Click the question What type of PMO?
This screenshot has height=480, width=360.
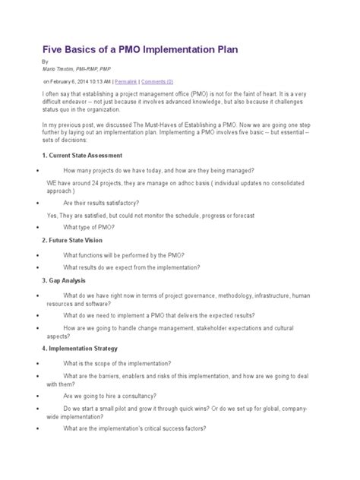[x=89, y=226]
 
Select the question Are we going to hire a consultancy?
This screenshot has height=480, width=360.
[x=110, y=396]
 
